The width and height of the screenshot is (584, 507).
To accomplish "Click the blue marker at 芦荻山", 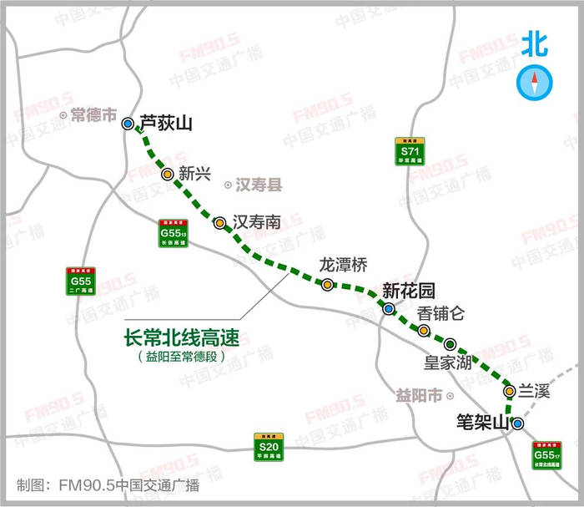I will pos(128,124).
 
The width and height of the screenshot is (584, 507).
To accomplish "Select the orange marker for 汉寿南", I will pos(219,223).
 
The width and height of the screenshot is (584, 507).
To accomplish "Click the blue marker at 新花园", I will pos(389,310).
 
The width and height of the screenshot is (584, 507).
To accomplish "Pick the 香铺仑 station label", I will pos(441,314).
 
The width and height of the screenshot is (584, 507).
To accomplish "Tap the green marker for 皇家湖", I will pos(451,344).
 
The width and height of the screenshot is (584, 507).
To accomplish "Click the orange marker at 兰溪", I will pos(509,391).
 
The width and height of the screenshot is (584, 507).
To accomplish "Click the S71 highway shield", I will pos(409,150).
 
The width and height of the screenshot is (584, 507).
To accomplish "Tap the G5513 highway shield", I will pos(173,233).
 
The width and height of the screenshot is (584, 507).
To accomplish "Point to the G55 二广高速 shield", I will pos(81,281).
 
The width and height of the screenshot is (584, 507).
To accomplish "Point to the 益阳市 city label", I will pos(418,395).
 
